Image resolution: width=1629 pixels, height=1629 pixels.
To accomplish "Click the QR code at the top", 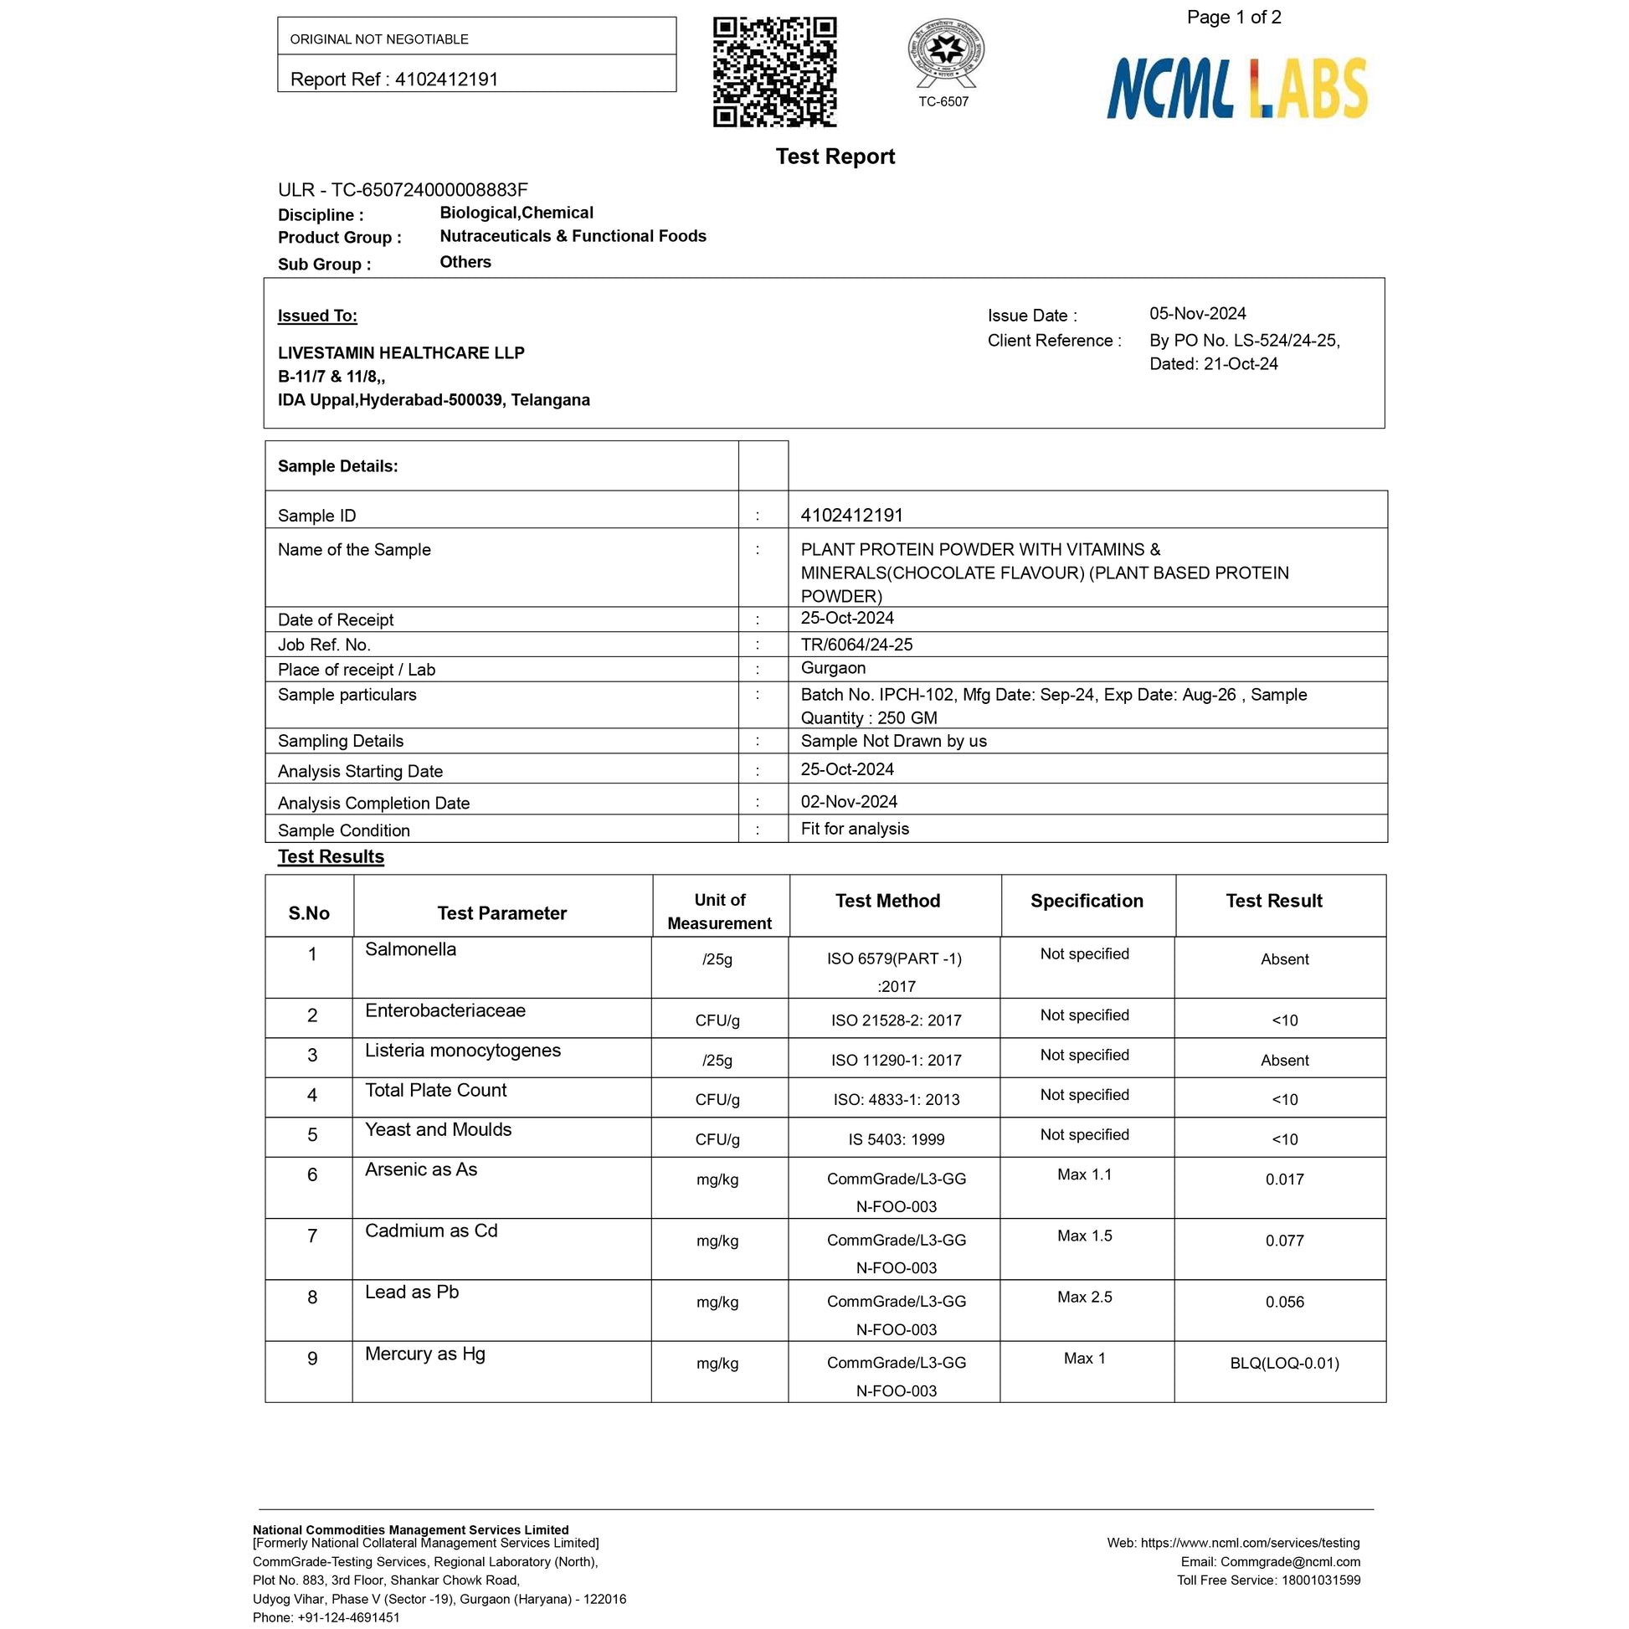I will (x=774, y=72).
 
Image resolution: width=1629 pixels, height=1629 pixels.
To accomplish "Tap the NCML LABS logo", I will (x=1236, y=88).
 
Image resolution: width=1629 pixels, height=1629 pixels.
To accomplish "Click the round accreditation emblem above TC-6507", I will (x=945, y=51).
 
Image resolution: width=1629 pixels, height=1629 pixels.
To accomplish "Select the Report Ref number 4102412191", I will (x=446, y=80).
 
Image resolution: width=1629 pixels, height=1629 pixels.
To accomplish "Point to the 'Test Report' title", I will (x=835, y=157).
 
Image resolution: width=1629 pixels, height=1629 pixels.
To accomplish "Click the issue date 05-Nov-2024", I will (x=1197, y=314).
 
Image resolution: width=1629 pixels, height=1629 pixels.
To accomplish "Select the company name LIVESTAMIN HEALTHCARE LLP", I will (x=400, y=352).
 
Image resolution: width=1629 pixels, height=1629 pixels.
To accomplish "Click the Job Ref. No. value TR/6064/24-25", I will (x=856, y=645).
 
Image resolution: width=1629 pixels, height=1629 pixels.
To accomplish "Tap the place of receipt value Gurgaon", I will (x=833, y=668).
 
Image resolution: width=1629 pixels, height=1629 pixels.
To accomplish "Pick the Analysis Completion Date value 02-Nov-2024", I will (x=848, y=801).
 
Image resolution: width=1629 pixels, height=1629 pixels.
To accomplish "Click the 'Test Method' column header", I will (x=887, y=901).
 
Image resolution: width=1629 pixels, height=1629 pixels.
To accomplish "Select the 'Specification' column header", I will (x=1086, y=901).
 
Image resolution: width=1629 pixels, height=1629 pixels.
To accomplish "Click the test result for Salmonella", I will (x=1284, y=958).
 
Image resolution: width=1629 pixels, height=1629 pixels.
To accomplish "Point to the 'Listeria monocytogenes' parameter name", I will (x=462, y=1050).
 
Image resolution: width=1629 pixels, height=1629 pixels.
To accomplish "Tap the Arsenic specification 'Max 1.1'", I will (x=1084, y=1174).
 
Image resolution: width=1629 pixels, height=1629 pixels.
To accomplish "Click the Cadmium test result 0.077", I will (x=1284, y=1241).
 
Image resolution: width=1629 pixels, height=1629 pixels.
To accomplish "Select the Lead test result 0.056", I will (x=1284, y=1302).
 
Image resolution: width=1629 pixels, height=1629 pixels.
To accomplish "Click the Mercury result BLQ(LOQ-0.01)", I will (x=1284, y=1364).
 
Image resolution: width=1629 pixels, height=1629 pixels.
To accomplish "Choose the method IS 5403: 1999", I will (x=897, y=1139).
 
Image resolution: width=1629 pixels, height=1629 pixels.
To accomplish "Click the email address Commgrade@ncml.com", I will (x=1290, y=1561).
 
